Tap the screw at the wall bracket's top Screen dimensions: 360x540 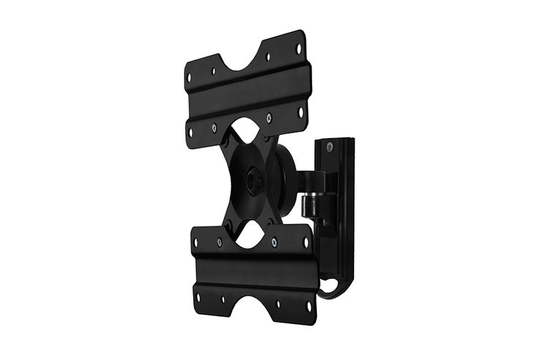(x=329, y=146)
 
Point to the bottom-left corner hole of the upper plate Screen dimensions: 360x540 (x=191, y=133)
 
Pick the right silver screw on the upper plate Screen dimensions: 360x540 (x=269, y=118)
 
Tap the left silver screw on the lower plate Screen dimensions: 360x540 (x=219, y=242)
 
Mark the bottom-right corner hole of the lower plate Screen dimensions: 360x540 (x=309, y=305)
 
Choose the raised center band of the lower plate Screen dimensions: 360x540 (x=255, y=268)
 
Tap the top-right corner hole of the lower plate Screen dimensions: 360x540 (x=305, y=242)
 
